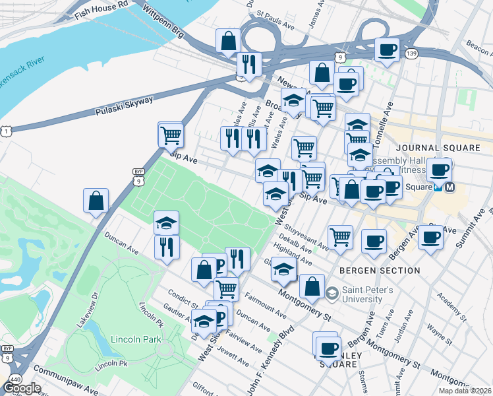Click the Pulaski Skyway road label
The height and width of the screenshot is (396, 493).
point(124,104)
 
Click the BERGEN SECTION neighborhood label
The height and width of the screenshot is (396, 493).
point(380,271)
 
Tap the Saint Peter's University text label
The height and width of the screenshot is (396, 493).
point(367,294)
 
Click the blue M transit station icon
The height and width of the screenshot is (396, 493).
point(450,187)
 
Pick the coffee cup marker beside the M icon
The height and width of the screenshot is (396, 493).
point(439,170)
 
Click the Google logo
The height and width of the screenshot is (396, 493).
point(22,388)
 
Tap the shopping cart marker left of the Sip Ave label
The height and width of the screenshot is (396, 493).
point(170,135)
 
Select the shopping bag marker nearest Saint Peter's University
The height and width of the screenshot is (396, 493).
point(312,286)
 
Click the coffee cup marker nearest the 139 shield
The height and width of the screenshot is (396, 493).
point(387,49)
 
